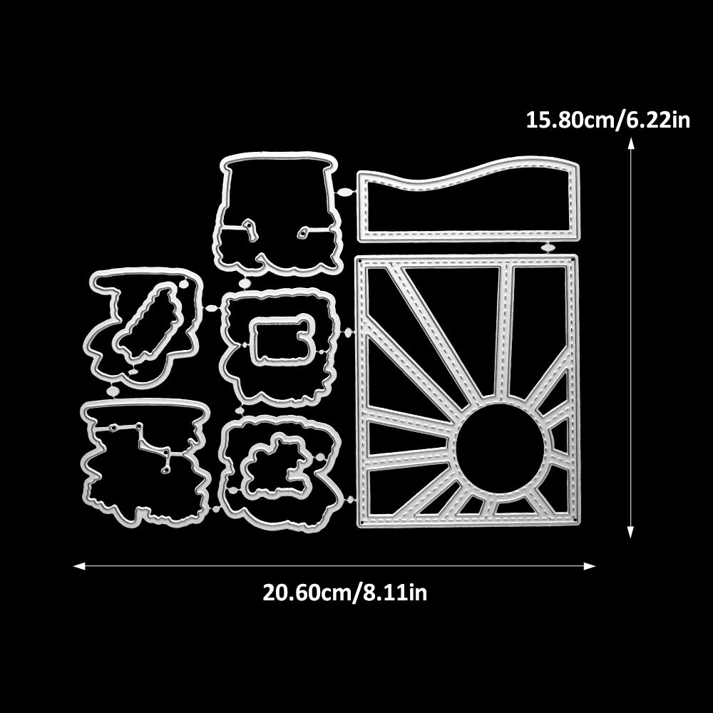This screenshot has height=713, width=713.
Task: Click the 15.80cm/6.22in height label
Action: pyautogui.click(x=607, y=119)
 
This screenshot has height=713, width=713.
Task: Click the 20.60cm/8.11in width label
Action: pyautogui.click(x=345, y=593)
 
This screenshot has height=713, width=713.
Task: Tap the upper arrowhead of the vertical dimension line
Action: pyautogui.click(x=631, y=143)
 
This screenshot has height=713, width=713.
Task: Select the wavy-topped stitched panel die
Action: pyautogui.click(x=467, y=203)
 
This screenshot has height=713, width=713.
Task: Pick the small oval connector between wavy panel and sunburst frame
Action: pyautogui.click(x=548, y=247)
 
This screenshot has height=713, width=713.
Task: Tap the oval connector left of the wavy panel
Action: pyautogui.click(x=344, y=192)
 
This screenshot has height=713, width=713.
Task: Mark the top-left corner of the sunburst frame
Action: pyautogui.click(x=359, y=259)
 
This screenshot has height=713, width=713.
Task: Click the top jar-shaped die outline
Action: pyautogui.click(x=275, y=214)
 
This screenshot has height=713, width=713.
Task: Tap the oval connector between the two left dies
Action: pyautogui.click(x=113, y=391)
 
